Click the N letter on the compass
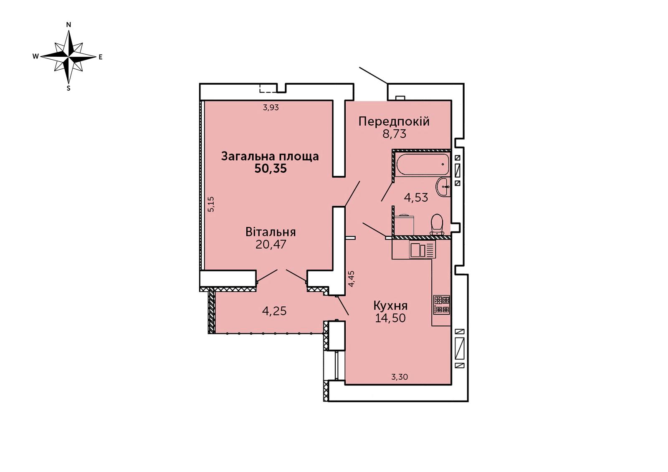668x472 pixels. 68,25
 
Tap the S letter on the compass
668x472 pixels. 68,88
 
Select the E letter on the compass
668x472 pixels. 101,57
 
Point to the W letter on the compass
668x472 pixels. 35,56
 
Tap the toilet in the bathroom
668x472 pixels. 437,224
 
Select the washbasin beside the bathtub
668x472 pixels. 443,187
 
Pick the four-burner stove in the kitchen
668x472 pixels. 442,305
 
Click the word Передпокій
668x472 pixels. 394,122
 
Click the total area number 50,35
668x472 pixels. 271,169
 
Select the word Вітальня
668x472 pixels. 271,232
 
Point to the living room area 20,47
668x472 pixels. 271,245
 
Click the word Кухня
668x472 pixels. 390,306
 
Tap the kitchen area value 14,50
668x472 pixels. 390,318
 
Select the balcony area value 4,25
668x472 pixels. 274,311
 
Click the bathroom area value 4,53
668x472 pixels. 416,197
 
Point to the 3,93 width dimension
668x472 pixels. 271,107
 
